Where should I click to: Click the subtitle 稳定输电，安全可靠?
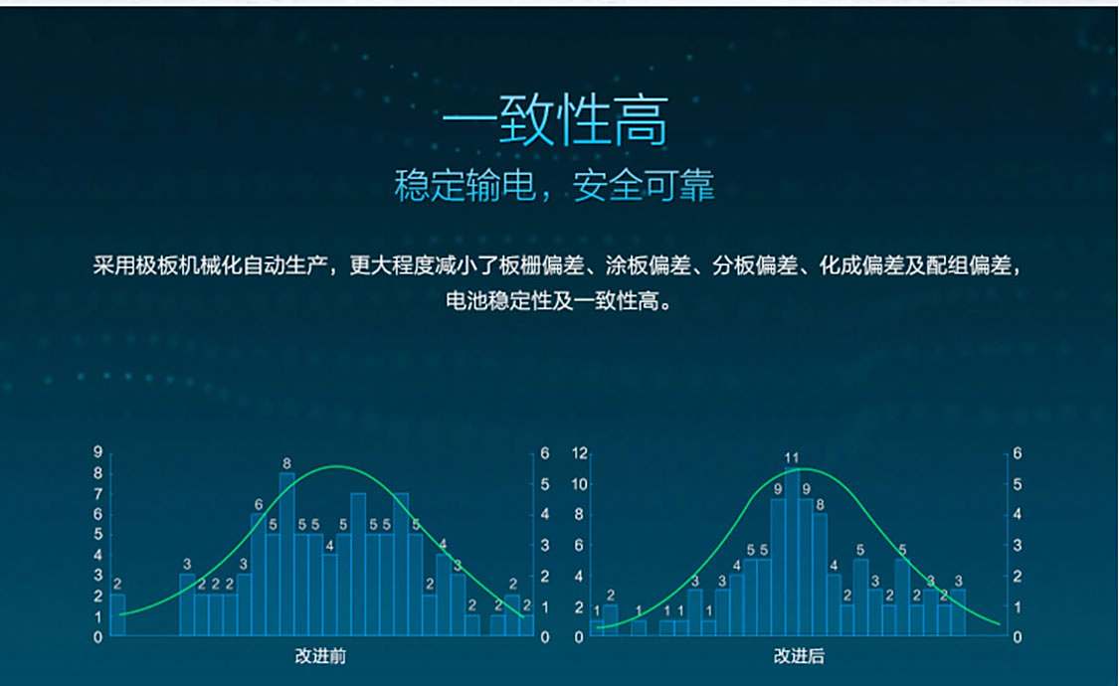554,185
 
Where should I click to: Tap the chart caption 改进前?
320,656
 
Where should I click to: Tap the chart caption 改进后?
800,656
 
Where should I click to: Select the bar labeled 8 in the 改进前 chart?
286,554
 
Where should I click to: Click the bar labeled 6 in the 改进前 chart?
259,574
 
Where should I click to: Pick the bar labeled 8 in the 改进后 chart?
820,574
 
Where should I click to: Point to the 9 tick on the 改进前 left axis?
97,451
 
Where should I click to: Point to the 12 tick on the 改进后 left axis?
580,452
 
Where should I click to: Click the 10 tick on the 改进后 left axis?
580,484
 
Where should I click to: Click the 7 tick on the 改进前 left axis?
97,493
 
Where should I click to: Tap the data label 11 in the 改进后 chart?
792,457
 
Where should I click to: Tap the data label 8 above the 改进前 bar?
286,463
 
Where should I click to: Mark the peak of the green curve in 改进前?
337,466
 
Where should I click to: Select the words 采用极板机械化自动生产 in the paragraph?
211,266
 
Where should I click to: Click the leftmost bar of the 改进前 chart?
117,614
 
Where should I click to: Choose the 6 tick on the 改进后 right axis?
1017,452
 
